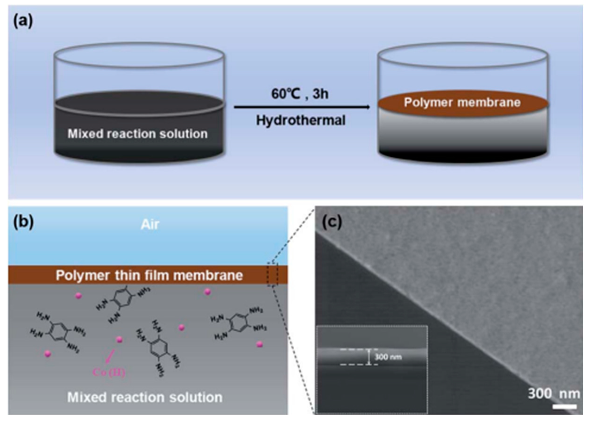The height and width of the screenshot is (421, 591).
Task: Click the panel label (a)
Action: (23, 21)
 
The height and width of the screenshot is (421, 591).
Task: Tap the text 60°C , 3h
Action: (300, 94)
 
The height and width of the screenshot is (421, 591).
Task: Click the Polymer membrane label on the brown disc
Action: (462, 102)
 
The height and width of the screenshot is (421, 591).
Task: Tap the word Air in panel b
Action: (150, 225)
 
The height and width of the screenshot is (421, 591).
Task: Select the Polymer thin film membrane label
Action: (149, 275)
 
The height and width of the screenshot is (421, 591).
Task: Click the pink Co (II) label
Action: (109, 373)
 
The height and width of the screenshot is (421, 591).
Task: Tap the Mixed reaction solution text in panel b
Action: (145, 397)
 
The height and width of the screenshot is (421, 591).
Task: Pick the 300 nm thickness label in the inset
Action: (388, 357)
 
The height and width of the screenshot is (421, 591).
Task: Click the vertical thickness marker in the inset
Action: (369, 357)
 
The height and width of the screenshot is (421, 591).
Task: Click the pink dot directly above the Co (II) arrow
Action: (119, 340)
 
